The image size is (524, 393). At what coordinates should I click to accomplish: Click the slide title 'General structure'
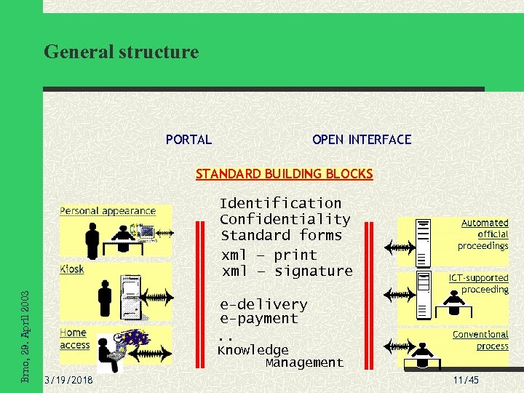click(x=121, y=52)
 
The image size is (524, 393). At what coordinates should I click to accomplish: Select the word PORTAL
click(x=188, y=140)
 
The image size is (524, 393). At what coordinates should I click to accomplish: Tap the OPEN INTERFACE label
click(x=362, y=140)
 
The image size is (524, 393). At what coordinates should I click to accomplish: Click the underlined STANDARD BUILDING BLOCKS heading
click(x=284, y=174)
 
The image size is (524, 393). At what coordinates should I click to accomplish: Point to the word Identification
click(x=280, y=203)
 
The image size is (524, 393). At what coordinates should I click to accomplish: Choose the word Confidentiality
click(x=285, y=219)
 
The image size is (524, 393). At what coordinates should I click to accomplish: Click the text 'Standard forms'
click(x=281, y=235)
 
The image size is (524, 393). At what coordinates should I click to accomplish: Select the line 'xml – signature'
click(x=287, y=271)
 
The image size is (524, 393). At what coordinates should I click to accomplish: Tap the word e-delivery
click(x=263, y=303)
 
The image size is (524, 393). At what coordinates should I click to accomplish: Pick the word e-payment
click(x=258, y=318)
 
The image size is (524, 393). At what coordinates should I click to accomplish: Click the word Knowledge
click(x=253, y=350)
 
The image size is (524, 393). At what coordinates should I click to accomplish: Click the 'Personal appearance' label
click(x=108, y=211)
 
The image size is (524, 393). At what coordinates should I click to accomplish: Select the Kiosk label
click(x=72, y=269)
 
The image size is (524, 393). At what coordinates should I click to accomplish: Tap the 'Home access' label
click(x=74, y=339)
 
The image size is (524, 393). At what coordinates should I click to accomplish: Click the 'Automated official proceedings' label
click(x=483, y=234)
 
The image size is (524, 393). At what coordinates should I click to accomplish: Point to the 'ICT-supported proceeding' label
click(x=479, y=283)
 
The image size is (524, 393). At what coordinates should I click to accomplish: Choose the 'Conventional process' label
click(x=480, y=340)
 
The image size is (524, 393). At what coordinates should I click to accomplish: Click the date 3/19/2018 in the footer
click(x=68, y=381)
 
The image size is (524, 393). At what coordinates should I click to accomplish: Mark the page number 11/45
click(x=466, y=381)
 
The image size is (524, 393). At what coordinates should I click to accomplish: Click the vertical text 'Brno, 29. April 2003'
click(x=25, y=336)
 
